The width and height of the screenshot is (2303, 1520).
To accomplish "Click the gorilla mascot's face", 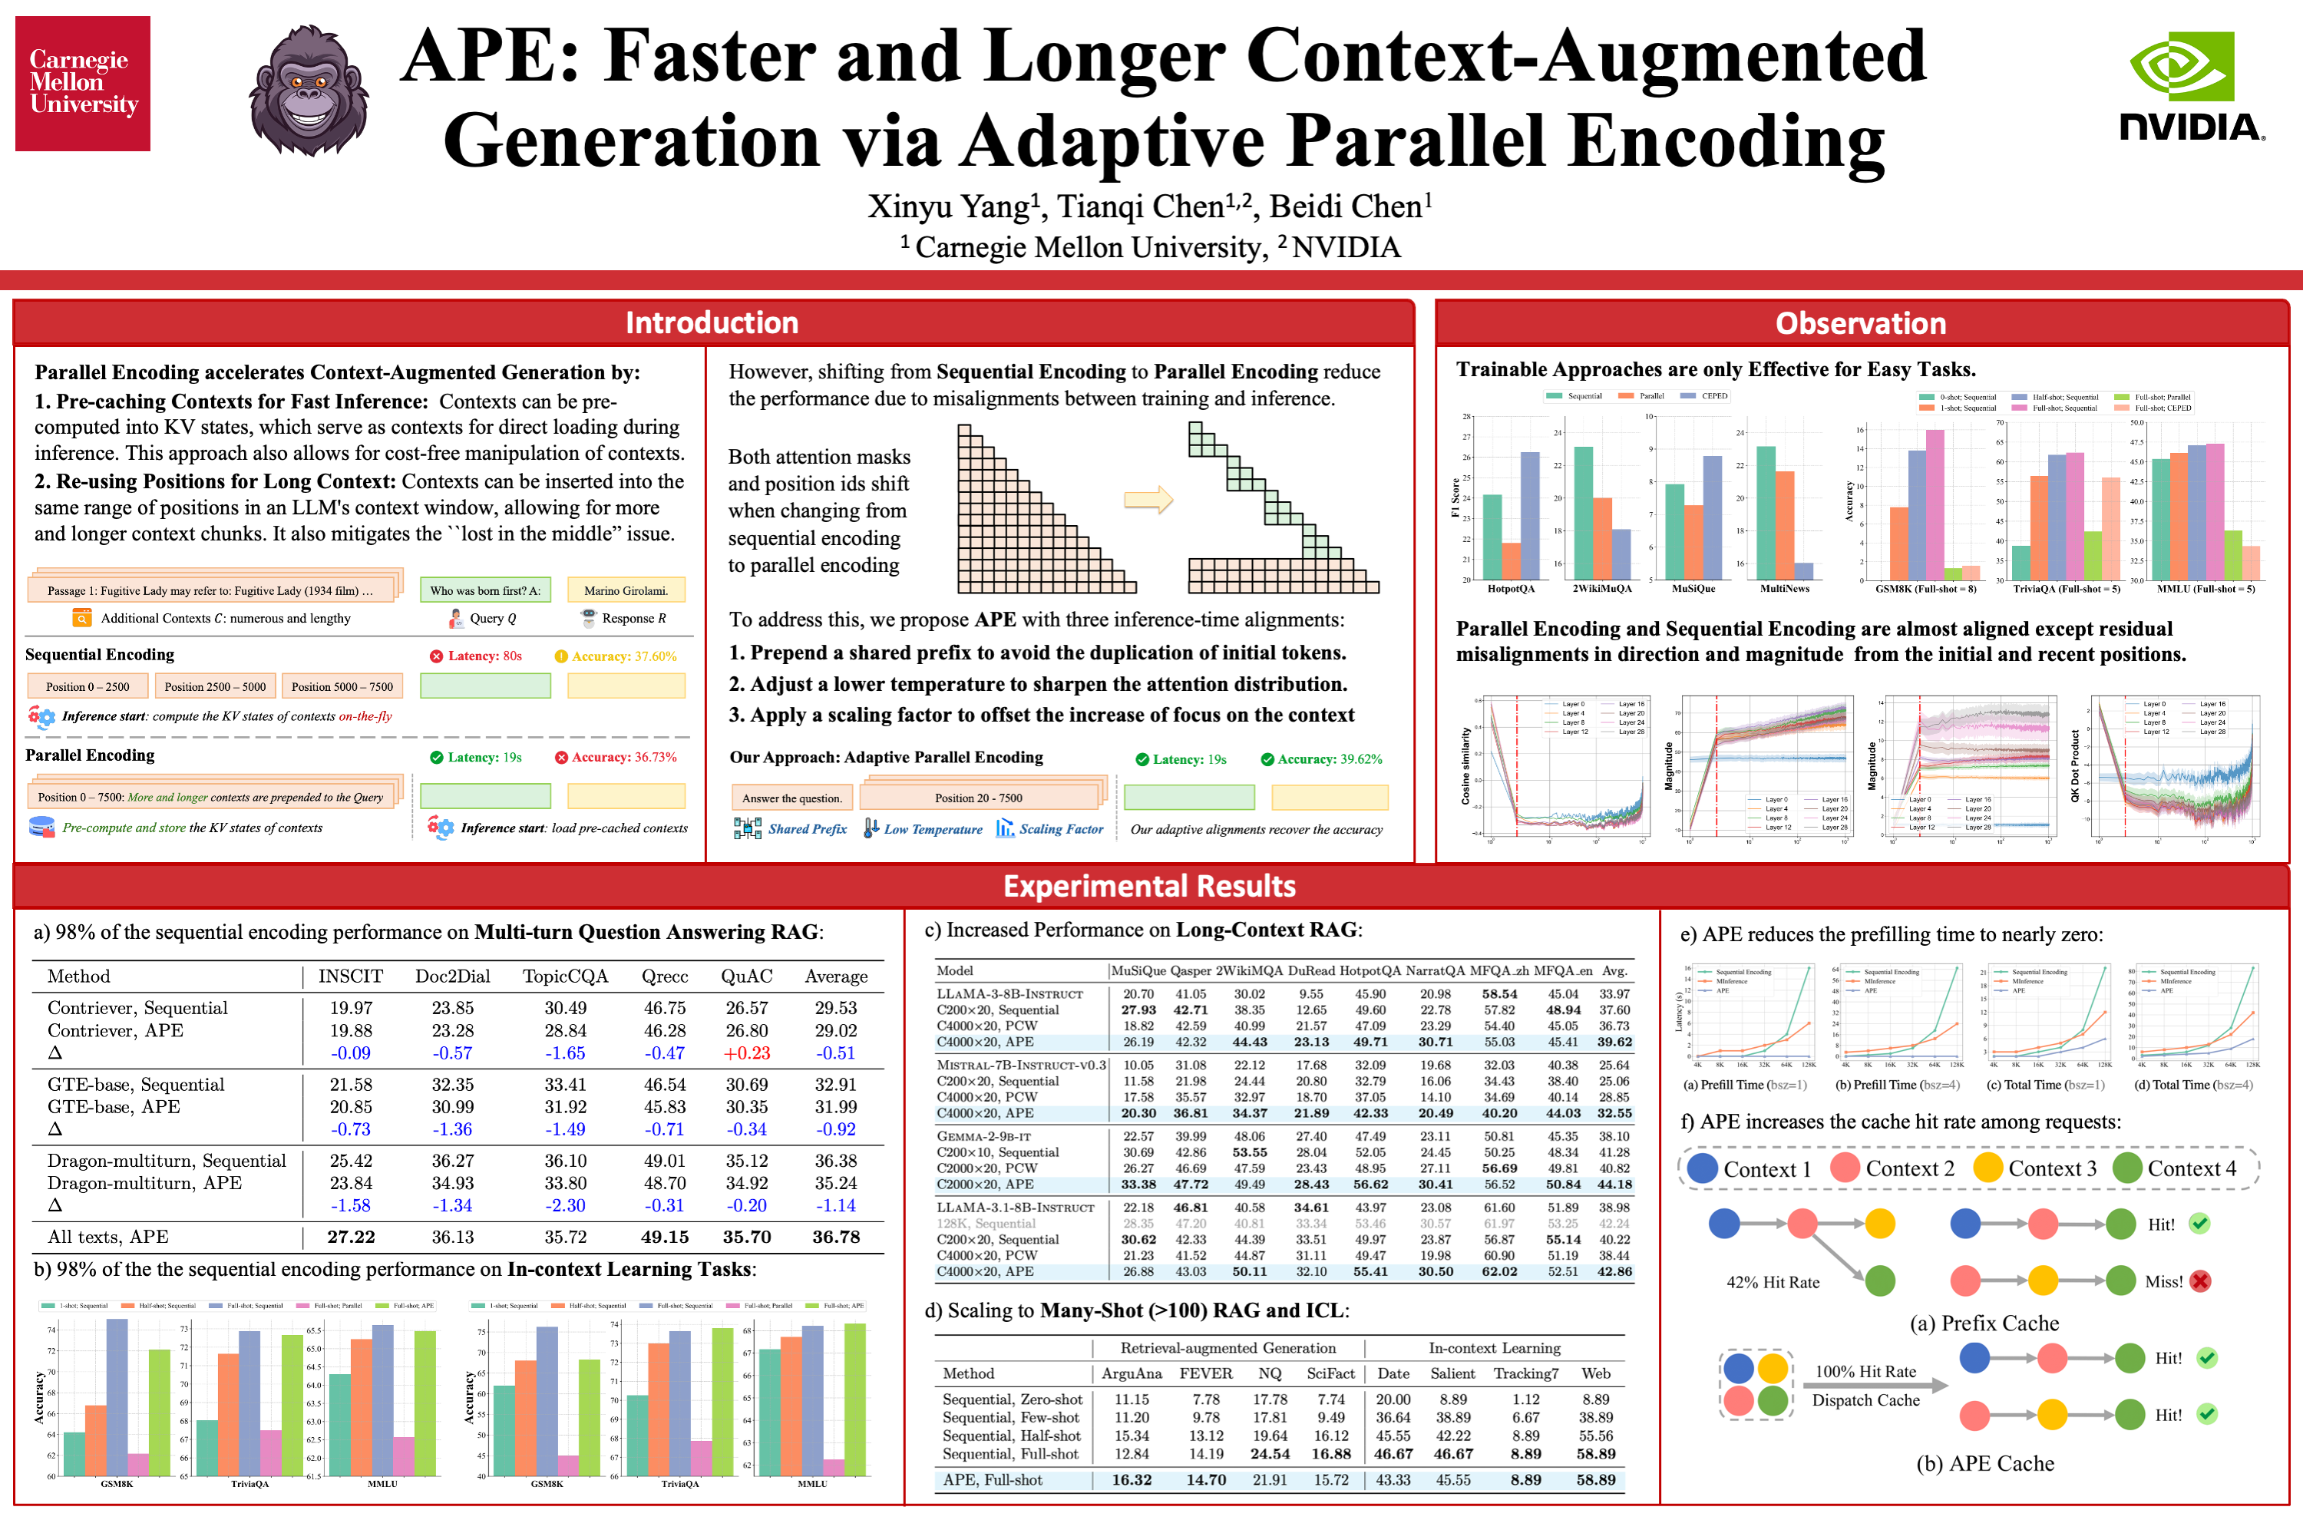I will pos(309,89).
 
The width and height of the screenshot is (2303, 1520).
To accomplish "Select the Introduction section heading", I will pos(712,322).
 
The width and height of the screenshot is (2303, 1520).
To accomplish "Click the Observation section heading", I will pos(1860,322).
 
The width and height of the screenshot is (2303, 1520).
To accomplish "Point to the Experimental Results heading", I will pos(1149,886).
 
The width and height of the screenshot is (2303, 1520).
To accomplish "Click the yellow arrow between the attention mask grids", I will pos(1148,501).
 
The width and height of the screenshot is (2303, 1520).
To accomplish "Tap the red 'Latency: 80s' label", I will pos(476,656).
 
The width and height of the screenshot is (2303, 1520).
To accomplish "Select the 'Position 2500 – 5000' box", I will pos(215,686).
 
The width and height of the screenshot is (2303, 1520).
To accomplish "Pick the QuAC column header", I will pos(746,976).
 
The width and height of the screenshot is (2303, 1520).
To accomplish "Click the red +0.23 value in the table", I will pos(746,1052).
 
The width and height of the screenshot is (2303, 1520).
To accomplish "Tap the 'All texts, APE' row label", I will pos(107,1237).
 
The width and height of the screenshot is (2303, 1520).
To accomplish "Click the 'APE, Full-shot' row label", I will pos(993,1480).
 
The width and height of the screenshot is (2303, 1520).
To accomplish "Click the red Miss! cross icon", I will pos(2200,1281).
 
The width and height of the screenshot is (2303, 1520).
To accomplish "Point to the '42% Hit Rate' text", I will pos(1773,1283).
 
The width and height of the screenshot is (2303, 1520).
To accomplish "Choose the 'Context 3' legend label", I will pos(2052,1169).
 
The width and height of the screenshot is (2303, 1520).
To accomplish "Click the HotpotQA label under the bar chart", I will pos(1511,588).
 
